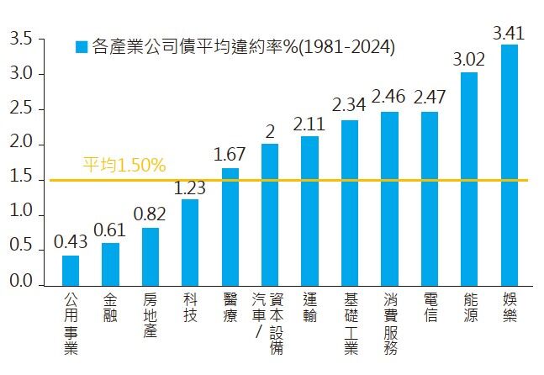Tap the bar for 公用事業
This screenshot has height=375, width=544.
coord(71,270)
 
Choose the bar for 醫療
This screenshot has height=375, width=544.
coord(230,226)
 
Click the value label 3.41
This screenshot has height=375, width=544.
coord(510,34)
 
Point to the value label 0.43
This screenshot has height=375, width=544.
coord(71,242)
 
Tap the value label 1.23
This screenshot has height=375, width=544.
coord(190,187)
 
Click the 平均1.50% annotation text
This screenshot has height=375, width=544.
coord(124,166)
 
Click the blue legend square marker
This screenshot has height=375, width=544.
coord(81,47)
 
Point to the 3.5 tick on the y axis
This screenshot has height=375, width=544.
coord(24,40)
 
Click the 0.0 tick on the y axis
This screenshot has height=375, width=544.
coord(24,285)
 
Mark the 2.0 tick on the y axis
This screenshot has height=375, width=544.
coord(24,145)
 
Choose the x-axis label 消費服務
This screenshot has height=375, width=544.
coord(389,324)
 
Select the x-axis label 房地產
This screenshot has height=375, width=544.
coord(151,315)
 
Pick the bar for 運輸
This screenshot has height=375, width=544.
coord(309,210)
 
